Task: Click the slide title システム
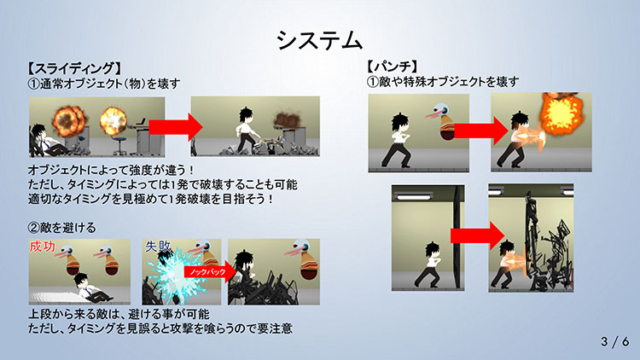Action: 320,40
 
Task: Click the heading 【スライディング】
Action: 74,68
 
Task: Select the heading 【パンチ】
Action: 392,67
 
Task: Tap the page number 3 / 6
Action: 614,341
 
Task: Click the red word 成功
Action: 43,247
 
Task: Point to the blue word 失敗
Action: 158,247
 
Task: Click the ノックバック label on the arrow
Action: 207,272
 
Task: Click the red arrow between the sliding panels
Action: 176,127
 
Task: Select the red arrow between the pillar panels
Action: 478,236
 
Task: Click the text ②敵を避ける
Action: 61,228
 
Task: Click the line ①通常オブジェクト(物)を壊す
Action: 103,84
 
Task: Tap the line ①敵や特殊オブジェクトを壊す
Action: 442,82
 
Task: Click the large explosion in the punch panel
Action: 560,113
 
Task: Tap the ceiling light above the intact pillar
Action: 414,197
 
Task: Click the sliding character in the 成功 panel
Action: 90,288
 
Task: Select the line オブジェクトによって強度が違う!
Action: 111,170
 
